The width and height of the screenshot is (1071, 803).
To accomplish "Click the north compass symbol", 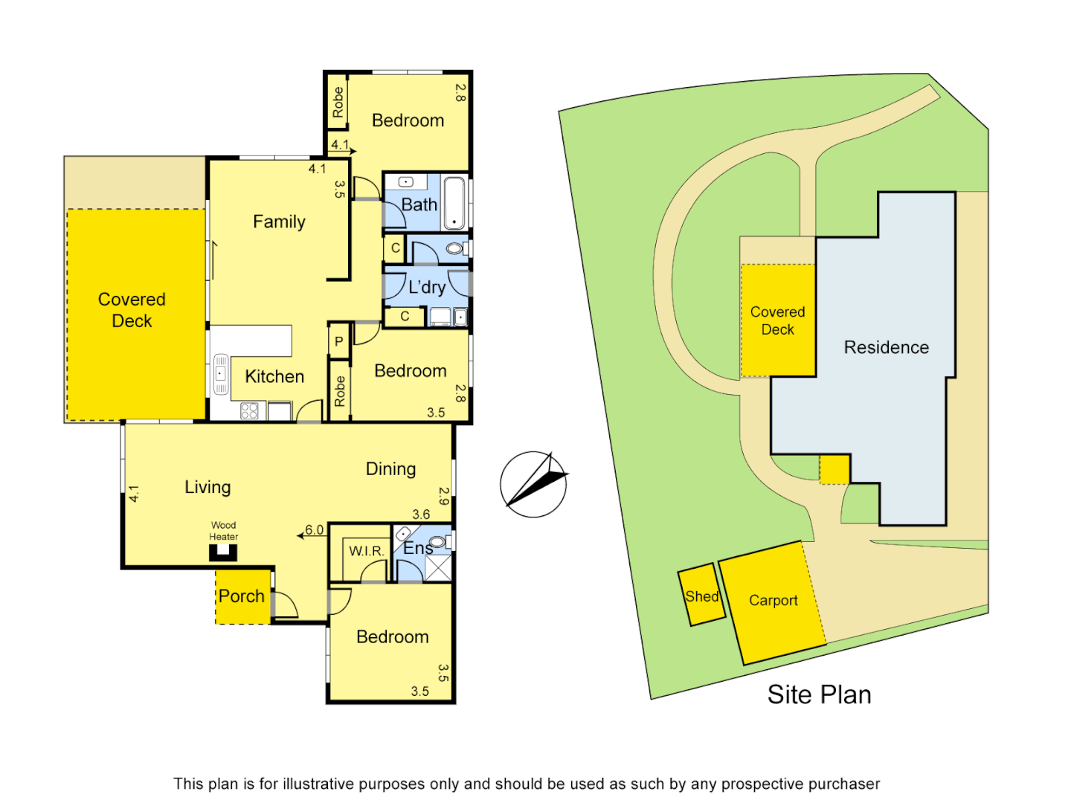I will coord(533,484).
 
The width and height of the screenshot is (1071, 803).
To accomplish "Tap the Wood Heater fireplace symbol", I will coord(223,552).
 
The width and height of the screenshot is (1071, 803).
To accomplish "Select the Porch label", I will coord(241,596).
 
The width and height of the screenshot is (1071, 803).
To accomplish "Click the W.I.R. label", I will coord(367,551).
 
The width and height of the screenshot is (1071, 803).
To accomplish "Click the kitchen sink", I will coord(221,374).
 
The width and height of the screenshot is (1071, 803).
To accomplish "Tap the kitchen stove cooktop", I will coord(249,411).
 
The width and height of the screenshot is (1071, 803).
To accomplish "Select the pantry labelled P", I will coord(339,342).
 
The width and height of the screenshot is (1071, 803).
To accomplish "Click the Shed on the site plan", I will coord(701,596).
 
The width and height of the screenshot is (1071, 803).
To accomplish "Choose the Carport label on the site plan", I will coord(773,601).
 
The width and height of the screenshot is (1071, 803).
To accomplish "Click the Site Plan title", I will coord(819,694).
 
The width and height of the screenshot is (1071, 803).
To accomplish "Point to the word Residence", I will coord(886,347).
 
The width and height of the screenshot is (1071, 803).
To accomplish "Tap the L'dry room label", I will coord(427,287).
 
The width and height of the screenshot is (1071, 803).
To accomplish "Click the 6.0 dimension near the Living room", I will coord(315,530).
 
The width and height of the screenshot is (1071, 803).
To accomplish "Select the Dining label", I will coord(390,469).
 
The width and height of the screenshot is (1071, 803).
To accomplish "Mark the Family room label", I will coord(279,222).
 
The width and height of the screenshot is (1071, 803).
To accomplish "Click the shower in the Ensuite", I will coord(438,567).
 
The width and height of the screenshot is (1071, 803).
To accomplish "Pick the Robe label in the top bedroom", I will coord(338,102).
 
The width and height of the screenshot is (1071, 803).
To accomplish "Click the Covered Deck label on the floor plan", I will coord(132,310).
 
